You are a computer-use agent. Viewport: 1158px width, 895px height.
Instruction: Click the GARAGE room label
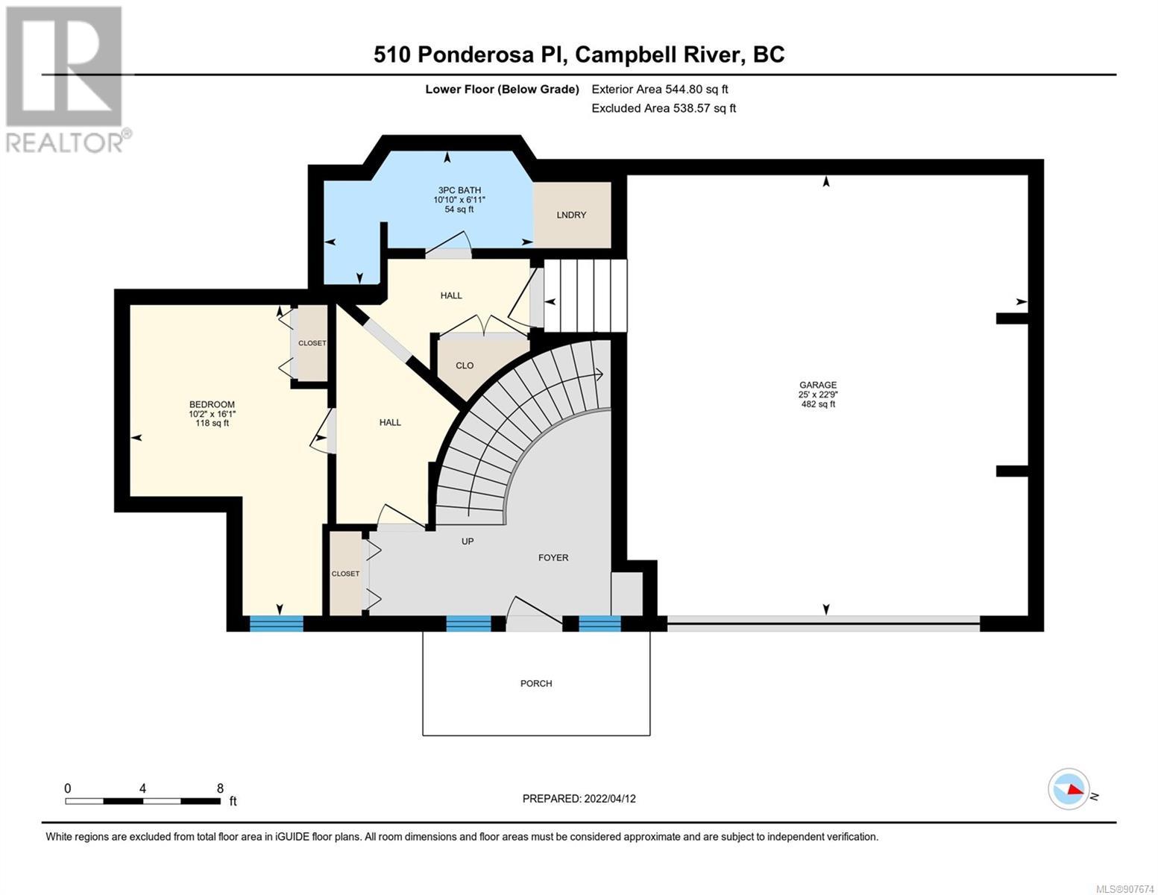pos(818,385)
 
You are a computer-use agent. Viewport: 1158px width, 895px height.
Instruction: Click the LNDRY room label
pos(571,215)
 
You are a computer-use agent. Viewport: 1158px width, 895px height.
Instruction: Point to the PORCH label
pos(536,683)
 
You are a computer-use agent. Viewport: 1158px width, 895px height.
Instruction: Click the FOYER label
pos(553,557)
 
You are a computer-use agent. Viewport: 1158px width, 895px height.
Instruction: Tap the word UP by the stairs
pos(468,541)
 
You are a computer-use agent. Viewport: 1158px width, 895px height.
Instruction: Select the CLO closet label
pos(465,365)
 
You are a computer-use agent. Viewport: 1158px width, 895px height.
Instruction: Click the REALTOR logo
pos(66,78)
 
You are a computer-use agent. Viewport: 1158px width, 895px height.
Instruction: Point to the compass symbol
pos(1069,788)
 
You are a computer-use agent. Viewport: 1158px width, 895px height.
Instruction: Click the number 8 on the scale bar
pos(219,788)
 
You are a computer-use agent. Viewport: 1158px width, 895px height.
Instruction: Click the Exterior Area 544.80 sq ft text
pos(660,89)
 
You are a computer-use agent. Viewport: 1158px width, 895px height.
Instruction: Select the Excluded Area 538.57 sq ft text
pos(664,108)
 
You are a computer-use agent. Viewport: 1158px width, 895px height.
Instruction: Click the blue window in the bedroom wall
pos(276,624)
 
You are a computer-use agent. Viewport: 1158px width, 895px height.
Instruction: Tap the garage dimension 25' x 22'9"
pos(818,395)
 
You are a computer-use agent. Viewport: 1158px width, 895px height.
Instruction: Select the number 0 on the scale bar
pos(68,788)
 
